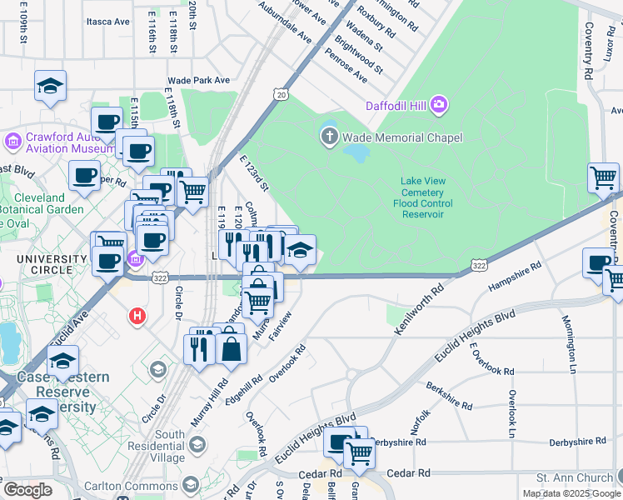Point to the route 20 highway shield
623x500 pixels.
tap(281, 96)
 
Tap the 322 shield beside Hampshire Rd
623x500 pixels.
tap(479, 265)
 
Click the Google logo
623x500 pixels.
tap(27, 490)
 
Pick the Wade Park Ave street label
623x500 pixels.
tap(198, 80)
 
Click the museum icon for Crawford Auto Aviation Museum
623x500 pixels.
tap(13, 141)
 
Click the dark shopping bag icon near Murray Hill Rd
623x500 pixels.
tap(231, 348)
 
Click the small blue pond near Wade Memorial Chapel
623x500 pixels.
tap(356, 153)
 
